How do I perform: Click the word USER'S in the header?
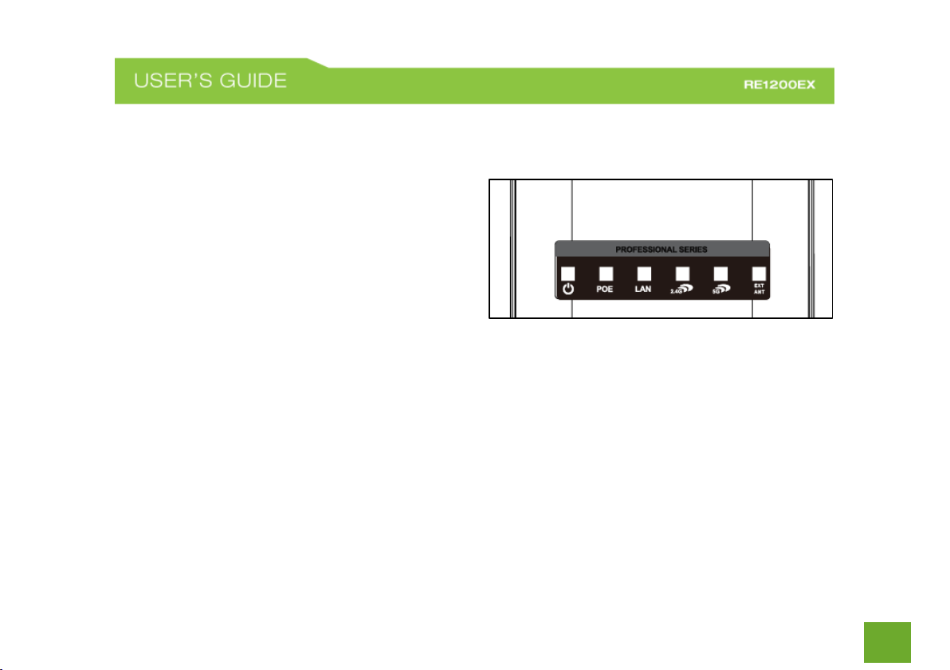pos(176,82)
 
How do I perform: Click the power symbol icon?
pos(567,289)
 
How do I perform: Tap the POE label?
pos(606,290)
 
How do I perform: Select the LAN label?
pos(643,290)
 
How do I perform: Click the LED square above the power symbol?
pos(567,273)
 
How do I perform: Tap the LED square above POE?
pos(606,273)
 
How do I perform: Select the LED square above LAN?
pos(644,273)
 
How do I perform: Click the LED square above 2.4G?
pos(682,273)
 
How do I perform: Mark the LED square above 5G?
pos(720,273)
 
